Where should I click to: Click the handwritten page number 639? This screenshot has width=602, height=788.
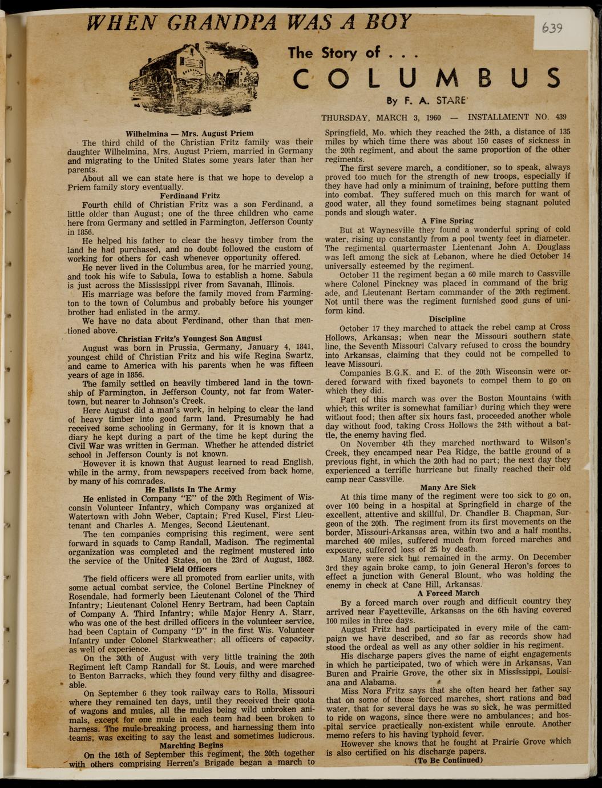[551, 28]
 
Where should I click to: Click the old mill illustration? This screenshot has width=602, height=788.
[194, 78]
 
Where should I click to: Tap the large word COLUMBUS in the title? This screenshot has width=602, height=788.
[427, 79]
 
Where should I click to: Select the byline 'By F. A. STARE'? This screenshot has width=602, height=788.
[426, 101]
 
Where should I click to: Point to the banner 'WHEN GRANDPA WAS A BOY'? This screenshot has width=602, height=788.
[249, 22]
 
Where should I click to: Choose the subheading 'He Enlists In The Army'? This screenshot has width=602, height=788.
[190, 489]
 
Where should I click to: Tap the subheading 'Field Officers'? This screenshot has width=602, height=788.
[191, 569]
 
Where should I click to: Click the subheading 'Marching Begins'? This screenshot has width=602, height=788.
[191, 745]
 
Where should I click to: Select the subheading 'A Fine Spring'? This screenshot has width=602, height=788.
[447, 220]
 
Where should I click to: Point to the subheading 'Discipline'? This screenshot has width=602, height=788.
[447, 319]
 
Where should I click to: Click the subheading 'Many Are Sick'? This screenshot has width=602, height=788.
[447, 487]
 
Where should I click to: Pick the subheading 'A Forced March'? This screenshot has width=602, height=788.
[447, 593]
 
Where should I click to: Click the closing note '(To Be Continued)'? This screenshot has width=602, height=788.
[448, 760]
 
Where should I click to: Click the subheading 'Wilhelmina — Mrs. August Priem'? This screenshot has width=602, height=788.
[189, 133]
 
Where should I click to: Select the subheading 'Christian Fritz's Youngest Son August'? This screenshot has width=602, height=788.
[189, 338]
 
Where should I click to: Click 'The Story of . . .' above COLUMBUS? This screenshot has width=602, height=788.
[353, 54]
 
